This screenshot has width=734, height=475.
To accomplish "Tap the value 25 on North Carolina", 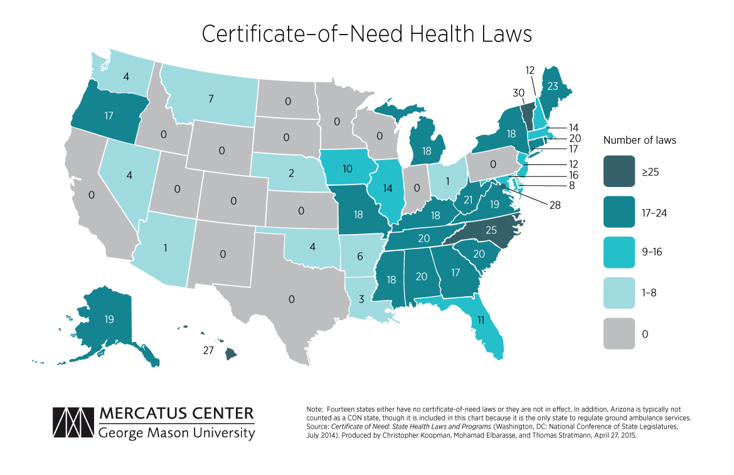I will pyautogui.click(x=492, y=231).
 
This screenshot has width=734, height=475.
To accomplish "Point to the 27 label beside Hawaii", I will pyautogui.click(x=210, y=351).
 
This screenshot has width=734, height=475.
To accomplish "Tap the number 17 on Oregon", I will pyautogui.click(x=110, y=115).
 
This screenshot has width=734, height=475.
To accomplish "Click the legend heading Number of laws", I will pyautogui.click(x=639, y=140).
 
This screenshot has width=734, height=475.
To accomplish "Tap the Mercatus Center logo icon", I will pyautogui.click(x=73, y=423).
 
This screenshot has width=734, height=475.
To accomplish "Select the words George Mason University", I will pyautogui.click(x=177, y=433).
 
